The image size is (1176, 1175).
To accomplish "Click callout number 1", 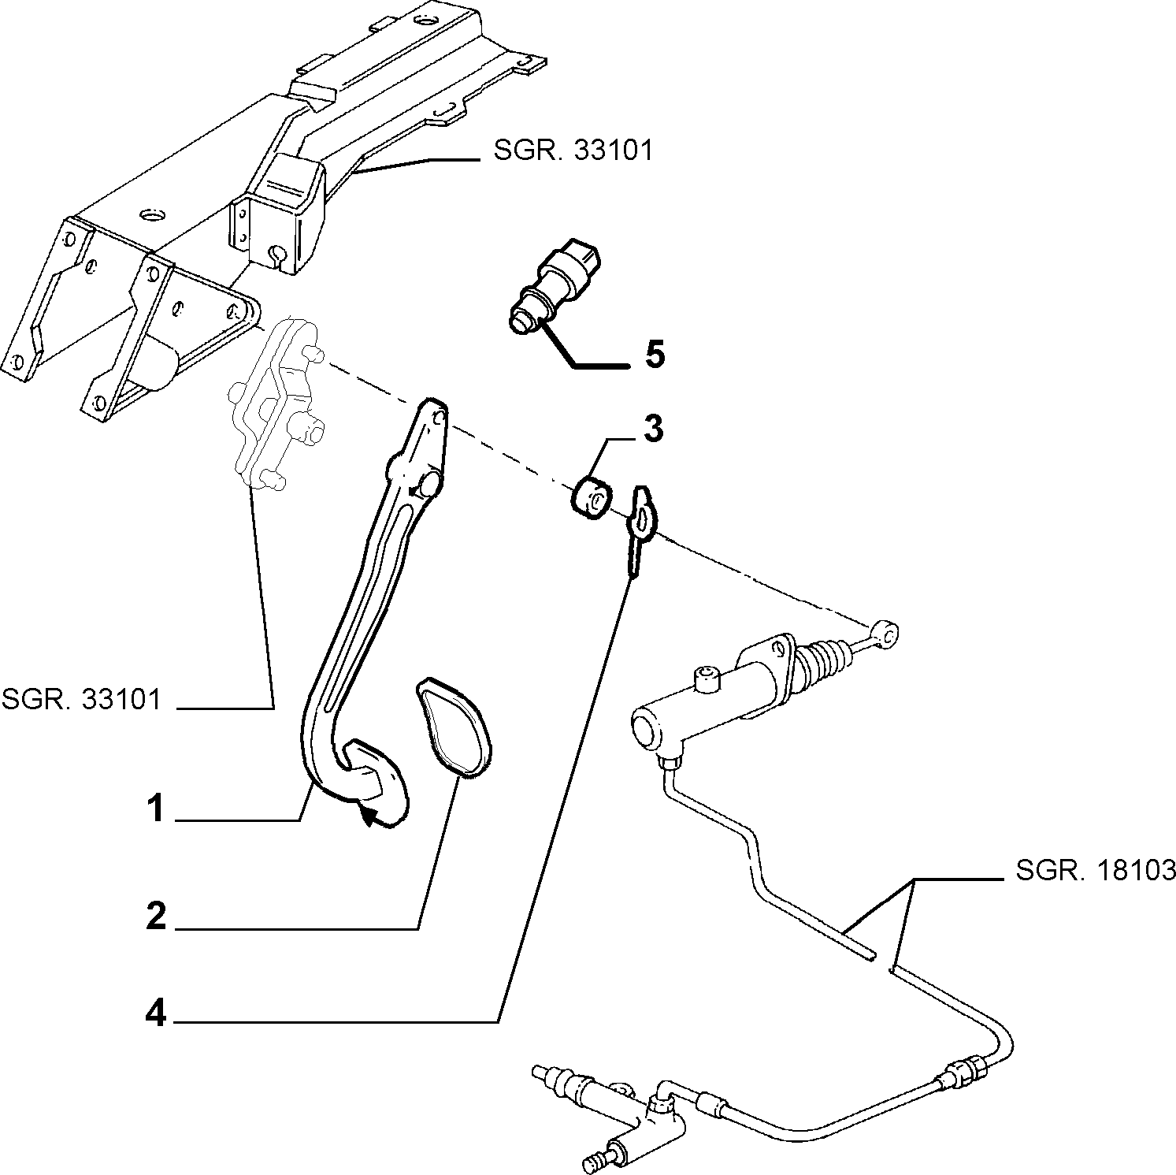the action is point(157,809).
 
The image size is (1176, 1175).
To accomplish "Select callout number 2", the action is point(157,917).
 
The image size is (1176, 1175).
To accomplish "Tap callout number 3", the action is point(653,429).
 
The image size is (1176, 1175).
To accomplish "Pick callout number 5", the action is point(655,355).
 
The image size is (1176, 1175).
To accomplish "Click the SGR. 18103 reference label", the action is point(1096,870).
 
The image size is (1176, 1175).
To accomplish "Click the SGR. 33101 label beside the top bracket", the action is point(573,151).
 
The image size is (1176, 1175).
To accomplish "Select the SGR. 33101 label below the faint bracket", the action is point(81,698).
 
